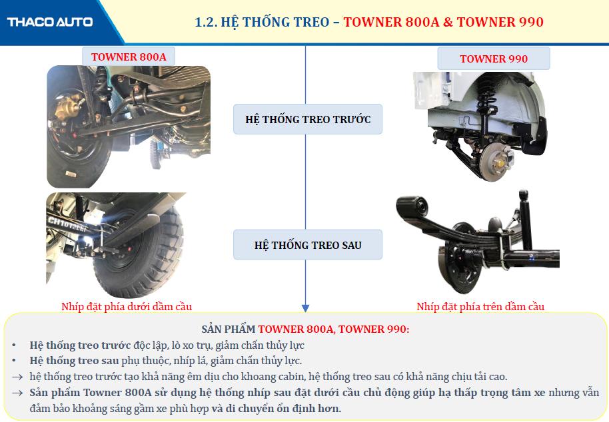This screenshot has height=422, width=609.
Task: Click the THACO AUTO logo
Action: (50, 22)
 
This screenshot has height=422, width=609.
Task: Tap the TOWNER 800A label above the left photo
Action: (129, 57)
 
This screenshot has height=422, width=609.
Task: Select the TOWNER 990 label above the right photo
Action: (494, 59)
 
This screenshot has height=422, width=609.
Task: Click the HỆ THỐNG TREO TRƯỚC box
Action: (308, 119)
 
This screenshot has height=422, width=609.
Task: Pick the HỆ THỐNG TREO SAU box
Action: (308, 245)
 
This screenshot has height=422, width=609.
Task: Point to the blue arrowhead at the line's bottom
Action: (305, 308)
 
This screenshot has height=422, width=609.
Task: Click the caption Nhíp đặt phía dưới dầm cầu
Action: (127, 306)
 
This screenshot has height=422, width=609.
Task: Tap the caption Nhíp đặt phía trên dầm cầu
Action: (480, 306)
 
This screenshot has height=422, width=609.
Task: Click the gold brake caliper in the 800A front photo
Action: (69, 106)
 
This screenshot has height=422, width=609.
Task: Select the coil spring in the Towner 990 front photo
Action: (486, 97)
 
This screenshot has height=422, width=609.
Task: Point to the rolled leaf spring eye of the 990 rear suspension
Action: (412, 206)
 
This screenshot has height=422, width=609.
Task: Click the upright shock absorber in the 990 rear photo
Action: (525, 220)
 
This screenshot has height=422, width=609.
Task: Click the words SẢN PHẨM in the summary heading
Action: (229, 329)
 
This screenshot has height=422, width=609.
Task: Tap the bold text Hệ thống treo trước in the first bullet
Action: (80, 345)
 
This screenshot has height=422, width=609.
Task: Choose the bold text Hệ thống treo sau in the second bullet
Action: (74, 361)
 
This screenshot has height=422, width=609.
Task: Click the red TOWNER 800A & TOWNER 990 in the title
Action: (443, 22)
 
